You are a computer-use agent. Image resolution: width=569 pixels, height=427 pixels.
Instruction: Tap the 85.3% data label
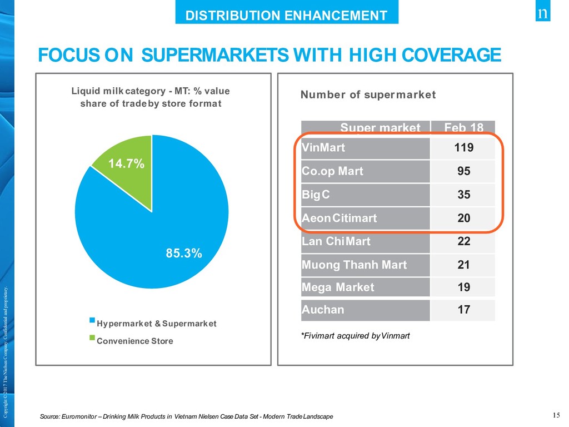click(184, 254)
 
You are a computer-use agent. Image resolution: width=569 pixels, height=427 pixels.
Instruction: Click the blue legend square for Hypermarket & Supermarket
click(92, 320)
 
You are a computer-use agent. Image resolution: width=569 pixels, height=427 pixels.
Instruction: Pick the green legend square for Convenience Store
click(92, 337)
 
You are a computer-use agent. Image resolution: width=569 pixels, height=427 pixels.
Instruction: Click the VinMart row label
click(323, 148)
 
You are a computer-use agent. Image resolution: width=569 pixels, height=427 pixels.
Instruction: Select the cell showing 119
click(463, 148)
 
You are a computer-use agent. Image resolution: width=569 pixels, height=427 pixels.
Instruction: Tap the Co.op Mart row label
click(332, 171)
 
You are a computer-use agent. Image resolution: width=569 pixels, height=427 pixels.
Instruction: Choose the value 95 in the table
click(463, 171)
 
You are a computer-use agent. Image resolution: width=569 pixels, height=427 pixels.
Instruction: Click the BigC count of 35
click(463, 195)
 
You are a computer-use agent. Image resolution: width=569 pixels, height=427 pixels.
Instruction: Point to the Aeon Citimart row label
click(339, 218)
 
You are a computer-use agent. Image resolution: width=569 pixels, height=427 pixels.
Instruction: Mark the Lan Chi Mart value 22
click(463, 241)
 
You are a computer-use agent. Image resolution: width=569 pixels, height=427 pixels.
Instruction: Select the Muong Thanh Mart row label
click(354, 265)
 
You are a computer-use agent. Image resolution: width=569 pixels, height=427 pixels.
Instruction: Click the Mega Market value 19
click(463, 287)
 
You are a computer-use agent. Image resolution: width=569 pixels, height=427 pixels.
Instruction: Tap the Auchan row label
click(322, 310)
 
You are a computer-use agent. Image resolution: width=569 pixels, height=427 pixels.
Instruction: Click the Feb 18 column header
click(463, 128)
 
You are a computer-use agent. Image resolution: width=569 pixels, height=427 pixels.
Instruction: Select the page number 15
click(556, 415)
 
